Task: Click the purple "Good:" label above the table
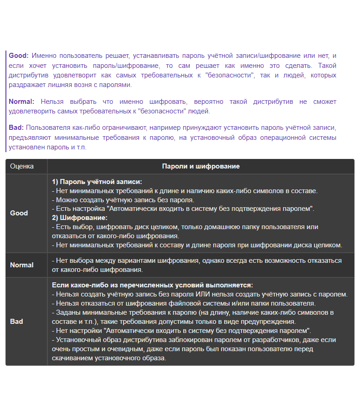[18, 56]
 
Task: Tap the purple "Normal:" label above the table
[21, 102]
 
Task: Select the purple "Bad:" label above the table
[16, 128]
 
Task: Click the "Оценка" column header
[22, 166]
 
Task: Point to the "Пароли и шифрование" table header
[201, 166]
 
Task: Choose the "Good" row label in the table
[19, 213]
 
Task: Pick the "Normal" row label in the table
[22, 265]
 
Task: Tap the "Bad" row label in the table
[16, 322]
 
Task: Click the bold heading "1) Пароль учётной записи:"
[97, 181]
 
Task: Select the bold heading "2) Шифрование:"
[80, 218]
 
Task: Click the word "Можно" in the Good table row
[66, 199]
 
